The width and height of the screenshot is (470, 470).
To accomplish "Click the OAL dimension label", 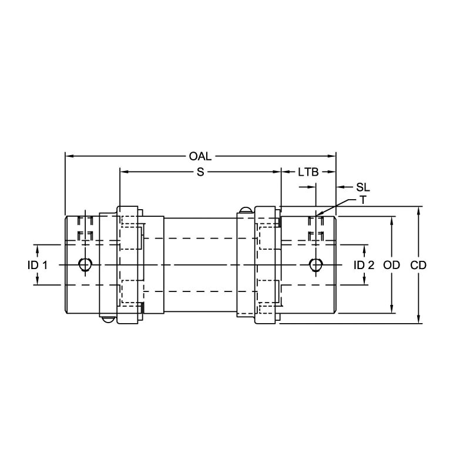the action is pos(200,156).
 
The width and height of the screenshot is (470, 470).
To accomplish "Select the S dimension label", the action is pos(200,172).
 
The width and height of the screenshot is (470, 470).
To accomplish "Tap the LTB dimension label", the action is pos(308,172).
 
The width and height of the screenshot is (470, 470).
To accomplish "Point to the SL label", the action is pos(363,187).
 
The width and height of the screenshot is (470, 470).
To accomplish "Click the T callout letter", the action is pos(363,200).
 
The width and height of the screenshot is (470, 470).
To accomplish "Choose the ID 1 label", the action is pos(38,265).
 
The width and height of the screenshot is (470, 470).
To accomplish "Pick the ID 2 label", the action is pos(364,265).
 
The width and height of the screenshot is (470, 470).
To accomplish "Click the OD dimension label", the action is pos(391,265).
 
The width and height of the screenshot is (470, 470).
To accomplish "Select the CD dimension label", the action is pos(418,265).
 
